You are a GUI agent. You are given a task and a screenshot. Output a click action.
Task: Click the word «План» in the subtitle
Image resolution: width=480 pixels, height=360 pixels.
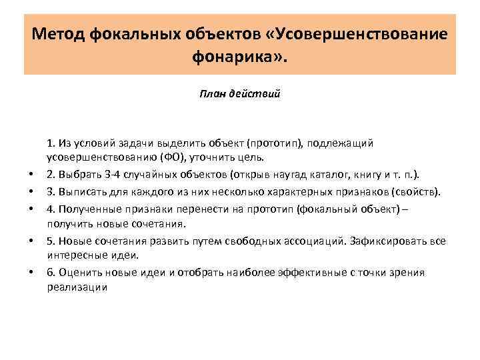tap(211, 94)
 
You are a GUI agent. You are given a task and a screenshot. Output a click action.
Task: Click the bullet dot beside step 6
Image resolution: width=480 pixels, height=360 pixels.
tap(31, 273)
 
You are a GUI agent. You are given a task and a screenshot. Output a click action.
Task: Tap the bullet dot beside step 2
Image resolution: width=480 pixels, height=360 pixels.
tap(31, 175)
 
